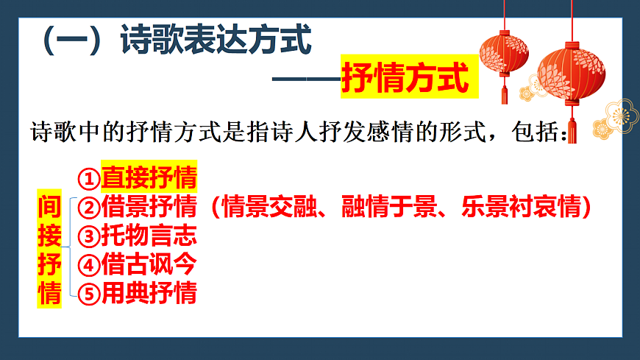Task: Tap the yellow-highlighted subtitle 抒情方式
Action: [x=405, y=79]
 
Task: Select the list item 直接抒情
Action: [x=149, y=178]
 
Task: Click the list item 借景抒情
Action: [x=149, y=207]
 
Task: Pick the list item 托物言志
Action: [x=149, y=236]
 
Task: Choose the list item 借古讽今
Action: [x=149, y=264]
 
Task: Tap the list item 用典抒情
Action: [x=149, y=292]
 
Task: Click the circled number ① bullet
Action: [x=88, y=179]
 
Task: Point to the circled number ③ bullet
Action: [x=88, y=236]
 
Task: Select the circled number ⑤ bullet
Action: [x=88, y=293]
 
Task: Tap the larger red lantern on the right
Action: [x=571, y=74]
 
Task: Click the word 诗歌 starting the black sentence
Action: [x=50, y=134]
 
